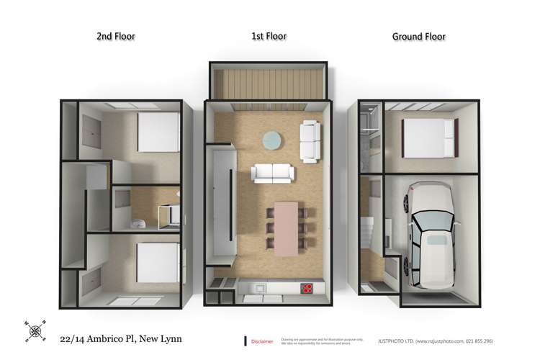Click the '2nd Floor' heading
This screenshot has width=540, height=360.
click(x=115, y=36)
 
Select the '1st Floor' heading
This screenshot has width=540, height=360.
click(x=269, y=36)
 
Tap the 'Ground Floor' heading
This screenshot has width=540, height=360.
click(x=418, y=36)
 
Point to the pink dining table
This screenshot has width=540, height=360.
click(x=286, y=225)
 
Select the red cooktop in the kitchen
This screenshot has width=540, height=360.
click(x=306, y=289)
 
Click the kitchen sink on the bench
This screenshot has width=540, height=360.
click(x=257, y=289)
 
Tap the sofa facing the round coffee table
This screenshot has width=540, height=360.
click(x=272, y=174)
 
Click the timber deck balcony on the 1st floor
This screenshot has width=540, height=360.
click(x=269, y=81)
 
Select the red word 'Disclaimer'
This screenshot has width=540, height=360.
click(x=264, y=342)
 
